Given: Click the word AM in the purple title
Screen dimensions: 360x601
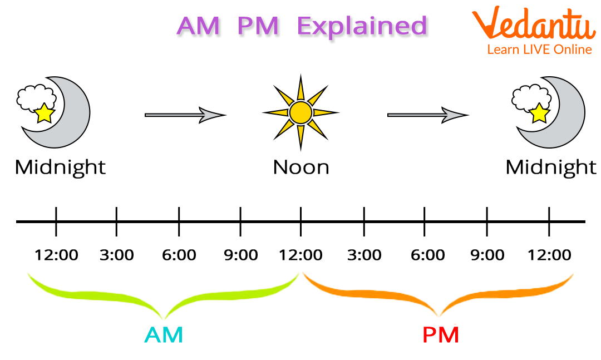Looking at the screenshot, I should (x=198, y=26).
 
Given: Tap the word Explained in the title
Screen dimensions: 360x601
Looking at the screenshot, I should (x=363, y=26).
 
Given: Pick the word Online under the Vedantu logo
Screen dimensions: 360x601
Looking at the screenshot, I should (x=573, y=50).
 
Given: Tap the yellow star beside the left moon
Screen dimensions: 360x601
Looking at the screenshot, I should (x=43, y=114).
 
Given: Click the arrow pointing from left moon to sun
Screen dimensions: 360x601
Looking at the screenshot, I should (x=183, y=115).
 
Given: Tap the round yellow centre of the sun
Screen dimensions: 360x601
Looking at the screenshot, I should (x=300, y=113).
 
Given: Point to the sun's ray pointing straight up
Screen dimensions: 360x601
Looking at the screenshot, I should (x=300, y=91).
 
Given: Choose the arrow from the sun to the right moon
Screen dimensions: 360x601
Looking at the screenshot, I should (x=426, y=115).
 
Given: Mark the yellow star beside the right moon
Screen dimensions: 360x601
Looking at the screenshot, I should (x=539, y=113).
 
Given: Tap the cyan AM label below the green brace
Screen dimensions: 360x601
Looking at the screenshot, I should (x=164, y=335).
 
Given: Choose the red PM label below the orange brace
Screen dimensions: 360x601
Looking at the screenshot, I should (x=441, y=335).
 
